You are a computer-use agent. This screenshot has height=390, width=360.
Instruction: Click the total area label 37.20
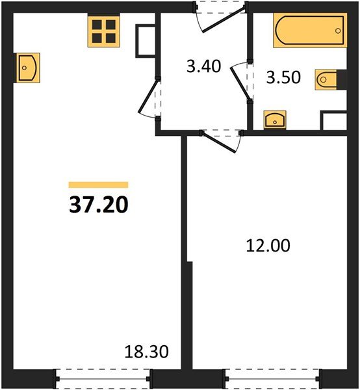pyautogui.click(x=99, y=205)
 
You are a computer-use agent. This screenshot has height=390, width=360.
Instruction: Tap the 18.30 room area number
pyautogui.click(x=146, y=352)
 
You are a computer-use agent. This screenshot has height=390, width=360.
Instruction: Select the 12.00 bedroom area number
pyautogui.click(x=268, y=246)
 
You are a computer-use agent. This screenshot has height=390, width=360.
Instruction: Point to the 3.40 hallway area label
pyautogui.click(x=203, y=66)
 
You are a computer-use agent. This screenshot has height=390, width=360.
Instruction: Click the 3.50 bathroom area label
pyautogui.click(x=283, y=77)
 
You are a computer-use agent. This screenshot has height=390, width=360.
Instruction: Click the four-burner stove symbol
pyautogui.click(x=104, y=31)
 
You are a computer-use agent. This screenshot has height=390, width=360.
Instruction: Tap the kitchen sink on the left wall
pyautogui.click(x=27, y=68)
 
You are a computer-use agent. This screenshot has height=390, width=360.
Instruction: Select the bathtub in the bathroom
pyautogui.click(x=310, y=31)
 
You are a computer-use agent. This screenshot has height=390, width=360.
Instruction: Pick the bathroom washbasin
pyautogui.click(x=275, y=120)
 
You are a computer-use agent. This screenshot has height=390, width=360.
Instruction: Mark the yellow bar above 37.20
pyautogui.click(x=99, y=185)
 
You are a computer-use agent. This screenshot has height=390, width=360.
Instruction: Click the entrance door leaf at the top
pyautogui.click(x=224, y=19)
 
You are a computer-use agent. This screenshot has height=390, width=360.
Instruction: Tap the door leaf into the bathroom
pyautogui.click(x=240, y=83)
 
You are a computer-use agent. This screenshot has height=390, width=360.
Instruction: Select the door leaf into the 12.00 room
pyautogui.click(x=219, y=142)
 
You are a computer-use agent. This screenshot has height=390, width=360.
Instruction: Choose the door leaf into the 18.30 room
pyautogui.click(x=148, y=96)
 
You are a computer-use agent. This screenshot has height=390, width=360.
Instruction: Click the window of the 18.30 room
pyautogui.click(x=103, y=379)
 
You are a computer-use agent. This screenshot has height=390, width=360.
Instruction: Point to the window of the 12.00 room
pyautogui.click(x=272, y=379)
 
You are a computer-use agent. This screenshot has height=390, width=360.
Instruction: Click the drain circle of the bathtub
pyautogui.click(x=338, y=31)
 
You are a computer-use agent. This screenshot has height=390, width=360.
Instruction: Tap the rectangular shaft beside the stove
pyautogui.click(x=146, y=41)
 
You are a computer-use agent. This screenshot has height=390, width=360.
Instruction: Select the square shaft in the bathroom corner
pyautogui.click(x=333, y=121)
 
